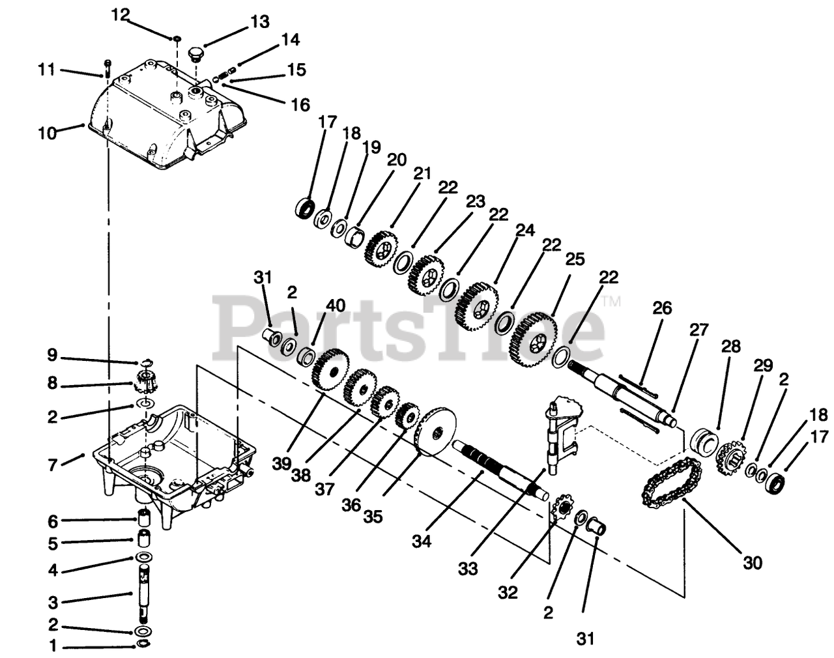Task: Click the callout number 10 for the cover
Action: point(48,134)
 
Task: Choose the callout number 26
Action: point(661,308)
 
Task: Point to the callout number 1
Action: point(53,647)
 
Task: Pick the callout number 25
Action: point(574,260)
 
